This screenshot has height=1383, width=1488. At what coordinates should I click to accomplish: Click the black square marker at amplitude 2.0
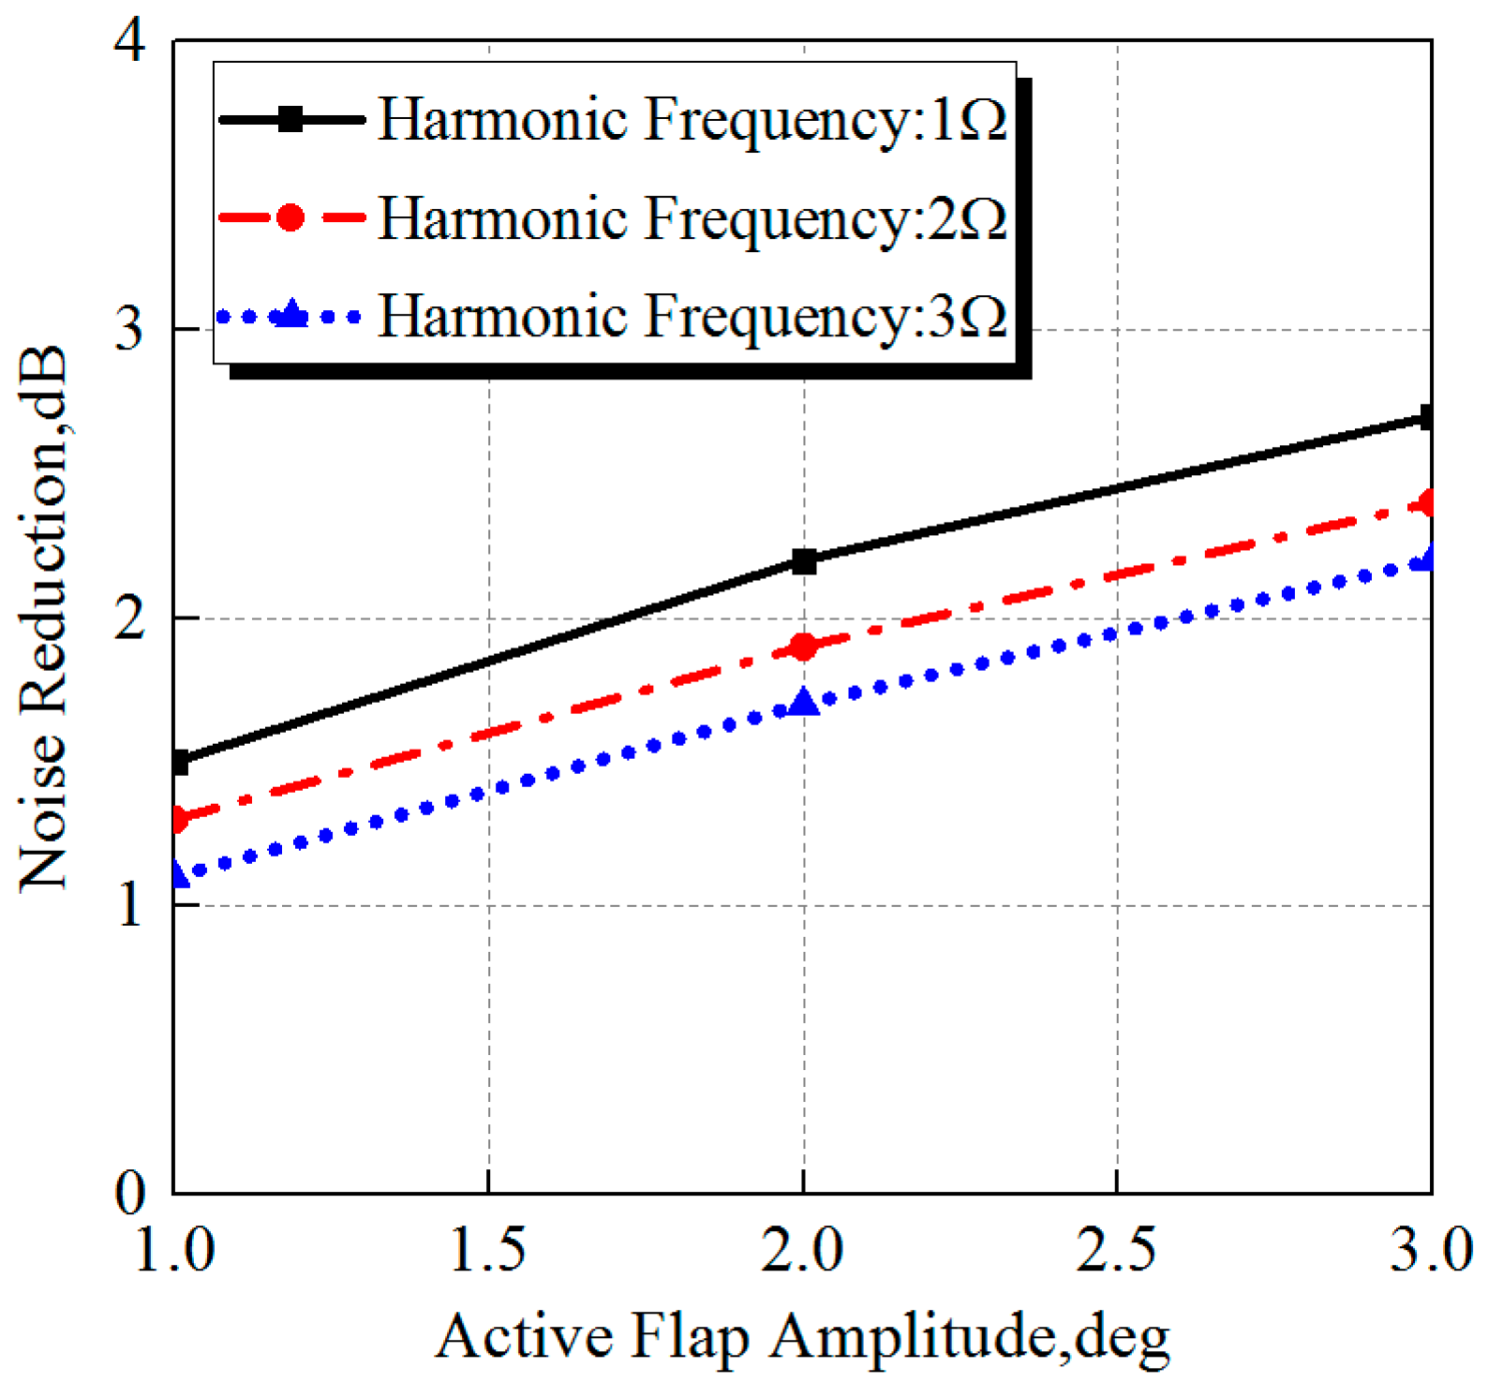pyautogui.click(x=804, y=561)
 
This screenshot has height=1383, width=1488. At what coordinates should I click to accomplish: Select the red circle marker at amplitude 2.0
pyautogui.click(x=804, y=647)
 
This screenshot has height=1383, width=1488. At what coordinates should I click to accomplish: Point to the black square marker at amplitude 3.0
pyautogui.click(x=1426, y=417)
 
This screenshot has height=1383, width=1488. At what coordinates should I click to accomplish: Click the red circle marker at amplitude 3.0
pyautogui.click(x=1427, y=503)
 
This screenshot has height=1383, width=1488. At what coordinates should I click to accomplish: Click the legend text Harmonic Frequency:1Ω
pyautogui.click(x=692, y=120)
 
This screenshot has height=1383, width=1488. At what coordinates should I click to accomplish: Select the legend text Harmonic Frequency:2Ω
pyautogui.click(x=692, y=218)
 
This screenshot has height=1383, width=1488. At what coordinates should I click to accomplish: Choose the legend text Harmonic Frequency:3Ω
pyautogui.click(x=692, y=316)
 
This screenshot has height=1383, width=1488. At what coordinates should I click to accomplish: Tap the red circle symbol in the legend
pyautogui.click(x=290, y=218)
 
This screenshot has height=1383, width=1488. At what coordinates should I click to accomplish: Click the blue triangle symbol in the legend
pyautogui.click(x=291, y=315)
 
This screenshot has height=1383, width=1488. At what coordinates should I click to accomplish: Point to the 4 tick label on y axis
pyautogui.click(x=128, y=42)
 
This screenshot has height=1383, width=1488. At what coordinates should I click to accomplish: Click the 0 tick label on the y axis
pyautogui.click(x=130, y=1193)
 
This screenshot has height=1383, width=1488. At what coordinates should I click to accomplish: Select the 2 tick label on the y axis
pyautogui.click(x=129, y=617)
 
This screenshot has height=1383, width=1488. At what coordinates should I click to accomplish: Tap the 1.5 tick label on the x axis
pyautogui.click(x=487, y=1250)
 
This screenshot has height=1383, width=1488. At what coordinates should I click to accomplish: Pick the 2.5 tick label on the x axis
pyautogui.click(x=1116, y=1250)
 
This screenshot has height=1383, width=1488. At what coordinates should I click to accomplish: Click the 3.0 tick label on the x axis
pyautogui.click(x=1430, y=1250)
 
